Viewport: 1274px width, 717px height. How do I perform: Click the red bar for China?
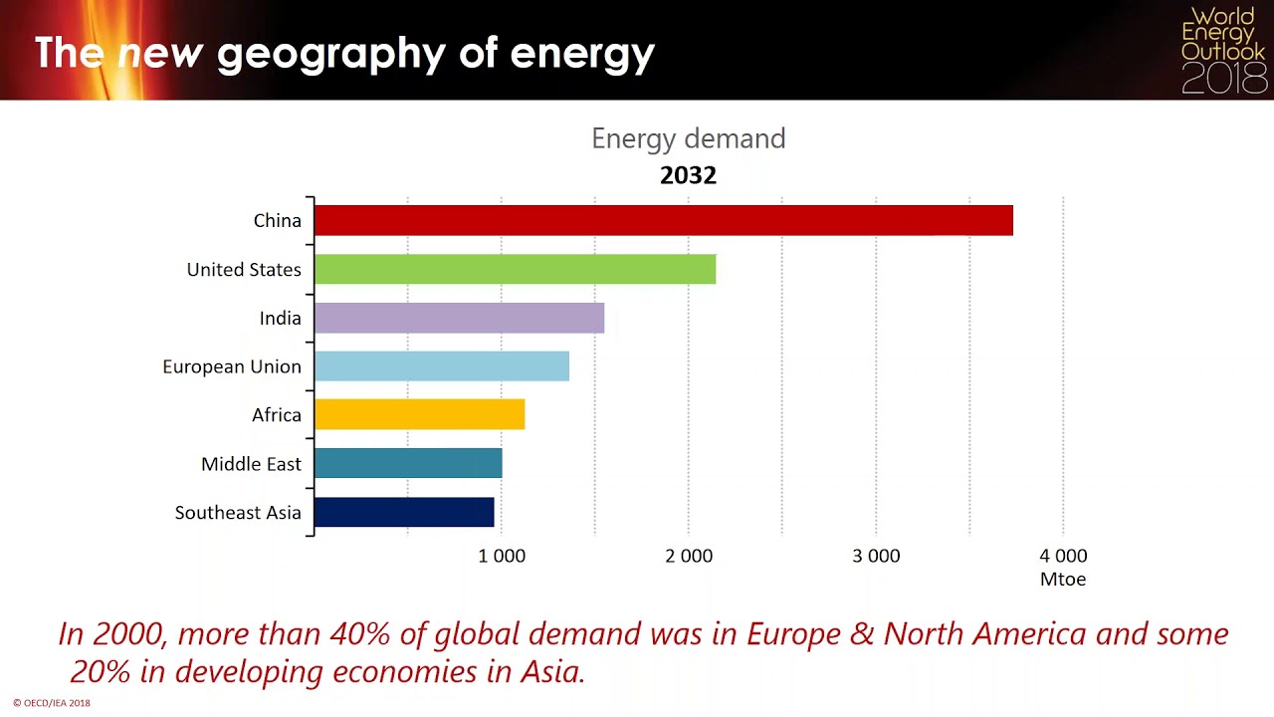tap(663, 220)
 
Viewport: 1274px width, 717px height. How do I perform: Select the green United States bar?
tap(515, 269)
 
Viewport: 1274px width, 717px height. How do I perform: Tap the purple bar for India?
tap(459, 318)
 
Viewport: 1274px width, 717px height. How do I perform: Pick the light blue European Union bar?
tap(441, 366)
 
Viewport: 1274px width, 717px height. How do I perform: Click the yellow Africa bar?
tap(419, 414)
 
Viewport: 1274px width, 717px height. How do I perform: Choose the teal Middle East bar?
tap(408, 463)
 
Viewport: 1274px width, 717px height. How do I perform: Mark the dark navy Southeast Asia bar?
tap(404, 512)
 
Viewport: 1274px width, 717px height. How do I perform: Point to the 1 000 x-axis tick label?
tap(502, 556)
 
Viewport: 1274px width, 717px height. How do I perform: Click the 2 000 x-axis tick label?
tap(689, 556)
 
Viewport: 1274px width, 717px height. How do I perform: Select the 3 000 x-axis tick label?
tap(876, 556)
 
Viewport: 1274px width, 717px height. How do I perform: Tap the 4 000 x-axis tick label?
tap(1063, 556)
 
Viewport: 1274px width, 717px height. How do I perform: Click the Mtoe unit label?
tap(1063, 579)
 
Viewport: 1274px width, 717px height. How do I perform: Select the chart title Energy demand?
tap(688, 138)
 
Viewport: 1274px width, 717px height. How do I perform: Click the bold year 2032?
tap(688, 175)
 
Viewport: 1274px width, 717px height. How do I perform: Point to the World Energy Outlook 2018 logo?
tap(1222, 50)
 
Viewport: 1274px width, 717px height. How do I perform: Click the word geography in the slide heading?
tap(330, 54)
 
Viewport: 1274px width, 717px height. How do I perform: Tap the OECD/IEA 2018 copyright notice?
tap(52, 703)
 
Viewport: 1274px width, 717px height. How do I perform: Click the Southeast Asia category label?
tap(238, 513)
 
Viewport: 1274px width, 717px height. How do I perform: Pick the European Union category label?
tap(232, 366)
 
